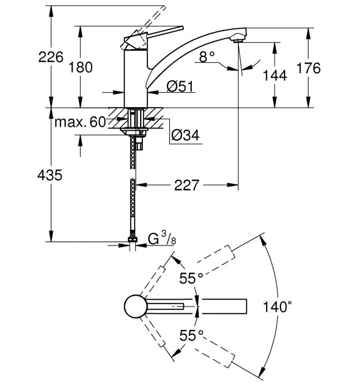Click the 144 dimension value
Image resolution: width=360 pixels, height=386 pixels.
[274, 75]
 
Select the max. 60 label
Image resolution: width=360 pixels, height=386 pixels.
[81, 122]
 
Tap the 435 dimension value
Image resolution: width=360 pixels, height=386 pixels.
[50, 176]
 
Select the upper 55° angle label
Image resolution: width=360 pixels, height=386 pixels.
[191, 279]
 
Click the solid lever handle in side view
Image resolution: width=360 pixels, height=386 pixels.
[161, 32]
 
